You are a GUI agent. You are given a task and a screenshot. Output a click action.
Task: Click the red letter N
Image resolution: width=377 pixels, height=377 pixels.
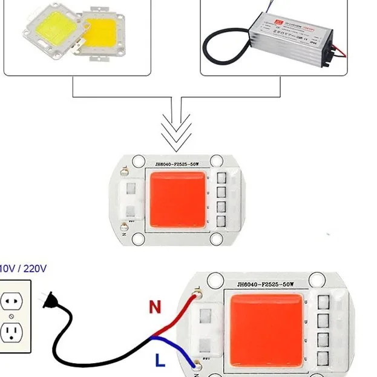click(x=156, y=307)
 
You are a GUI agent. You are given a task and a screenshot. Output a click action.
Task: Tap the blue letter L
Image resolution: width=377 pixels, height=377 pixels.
click(x=159, y=361)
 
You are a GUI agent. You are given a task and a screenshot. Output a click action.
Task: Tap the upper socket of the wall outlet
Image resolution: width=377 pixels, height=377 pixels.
click(x=11, y=301)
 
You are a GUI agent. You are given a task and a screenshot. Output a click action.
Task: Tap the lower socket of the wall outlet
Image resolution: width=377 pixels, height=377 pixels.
click(x=11, y=332)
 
